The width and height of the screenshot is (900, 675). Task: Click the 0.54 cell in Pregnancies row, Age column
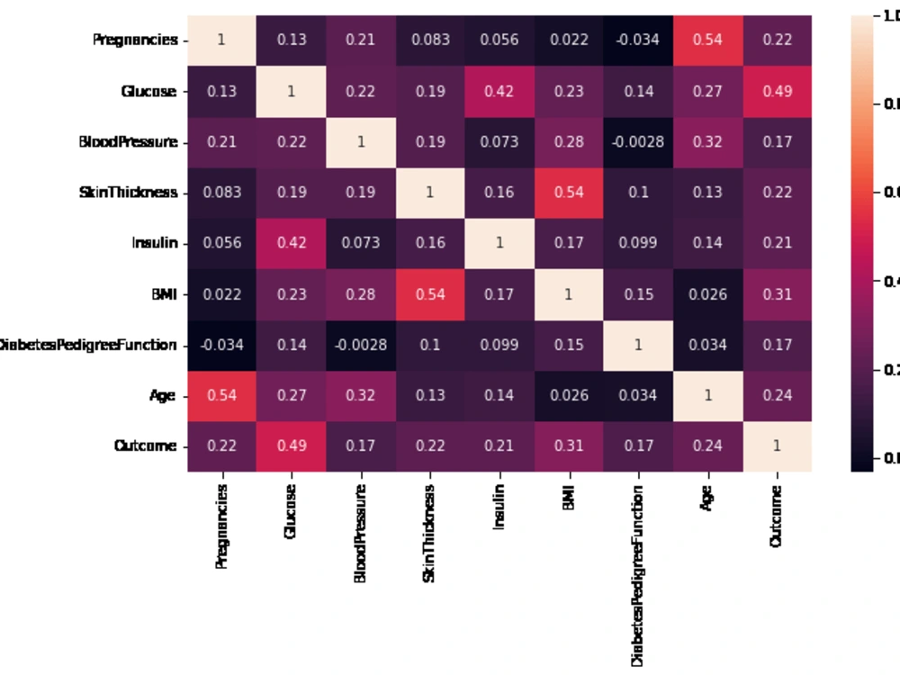707,40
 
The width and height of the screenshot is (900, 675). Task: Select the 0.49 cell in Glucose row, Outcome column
777,91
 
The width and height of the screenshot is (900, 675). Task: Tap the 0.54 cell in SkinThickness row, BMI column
569,193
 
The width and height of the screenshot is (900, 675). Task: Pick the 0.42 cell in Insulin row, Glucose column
292,243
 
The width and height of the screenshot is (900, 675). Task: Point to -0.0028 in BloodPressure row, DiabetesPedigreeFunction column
638,142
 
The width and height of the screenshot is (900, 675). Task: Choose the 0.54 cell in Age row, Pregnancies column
222,395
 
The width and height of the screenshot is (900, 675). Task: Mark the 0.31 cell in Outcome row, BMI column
569,446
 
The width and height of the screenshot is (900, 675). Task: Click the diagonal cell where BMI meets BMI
569,293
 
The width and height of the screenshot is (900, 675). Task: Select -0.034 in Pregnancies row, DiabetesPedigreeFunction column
638,40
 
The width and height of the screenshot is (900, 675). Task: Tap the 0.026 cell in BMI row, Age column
707,293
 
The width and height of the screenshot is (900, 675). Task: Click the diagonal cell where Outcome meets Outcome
777,446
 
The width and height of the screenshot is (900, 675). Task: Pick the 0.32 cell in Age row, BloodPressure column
361,395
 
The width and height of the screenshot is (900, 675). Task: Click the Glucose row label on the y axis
148,92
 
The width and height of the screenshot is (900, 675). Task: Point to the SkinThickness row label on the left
129,193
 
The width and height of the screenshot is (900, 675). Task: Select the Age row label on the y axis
163,395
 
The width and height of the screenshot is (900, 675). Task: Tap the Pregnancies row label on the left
135,40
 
